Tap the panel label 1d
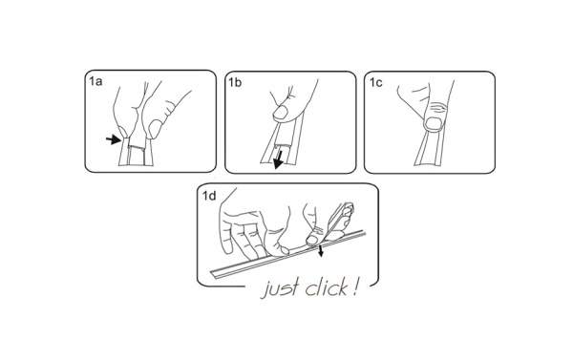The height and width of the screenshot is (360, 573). coord(209,196)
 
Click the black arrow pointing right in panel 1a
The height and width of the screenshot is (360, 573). coord(115,140)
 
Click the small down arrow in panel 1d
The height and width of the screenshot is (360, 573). coord(322,250)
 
